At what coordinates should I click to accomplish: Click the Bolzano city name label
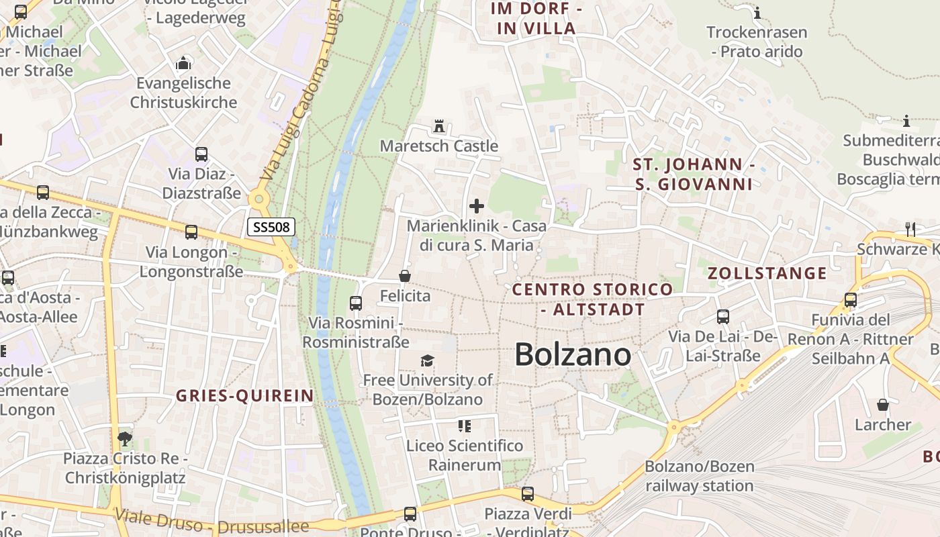tap(573, 355)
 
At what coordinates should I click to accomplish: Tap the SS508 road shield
tap(271, 227)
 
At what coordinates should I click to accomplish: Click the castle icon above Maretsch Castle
tap(439, 126)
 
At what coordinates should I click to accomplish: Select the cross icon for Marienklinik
tap(477, 206)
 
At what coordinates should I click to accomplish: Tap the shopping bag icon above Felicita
tap(405, 276)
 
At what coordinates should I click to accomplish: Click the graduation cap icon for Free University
tap(428, 361)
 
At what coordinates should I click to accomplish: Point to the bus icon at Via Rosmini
tap(356, 303)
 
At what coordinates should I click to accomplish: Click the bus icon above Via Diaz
tap(201, 154)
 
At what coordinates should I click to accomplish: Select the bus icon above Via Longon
tap(191, 232)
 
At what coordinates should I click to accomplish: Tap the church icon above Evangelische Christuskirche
tap(183, 64)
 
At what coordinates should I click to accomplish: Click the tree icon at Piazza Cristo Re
tap(124, 439)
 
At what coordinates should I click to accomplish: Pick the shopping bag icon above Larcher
tap(883, 405)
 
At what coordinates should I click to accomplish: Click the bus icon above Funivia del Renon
tap(851, 300)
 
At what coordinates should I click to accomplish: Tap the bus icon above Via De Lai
tap(723, 317)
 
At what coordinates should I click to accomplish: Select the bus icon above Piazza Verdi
tap(528, 494)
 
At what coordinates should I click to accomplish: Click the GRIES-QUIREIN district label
tap(245, 396)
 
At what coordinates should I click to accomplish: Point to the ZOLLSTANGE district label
tap(767, 273)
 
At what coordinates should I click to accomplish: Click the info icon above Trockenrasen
tap(757, 13)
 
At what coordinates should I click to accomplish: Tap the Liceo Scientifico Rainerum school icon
tap(465, 426)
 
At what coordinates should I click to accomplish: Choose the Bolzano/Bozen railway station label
tap(700, 476)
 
